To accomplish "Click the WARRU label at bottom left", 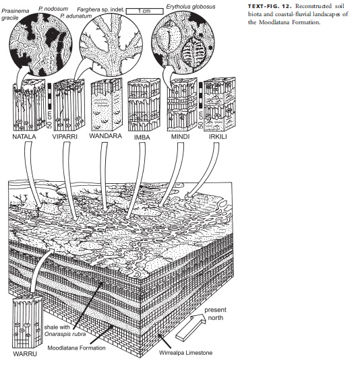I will tap(24, 353).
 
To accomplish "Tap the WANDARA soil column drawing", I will tap(104, 104).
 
